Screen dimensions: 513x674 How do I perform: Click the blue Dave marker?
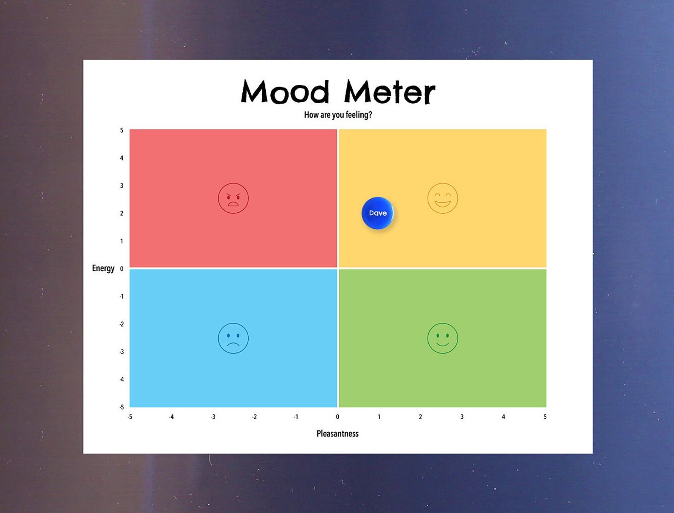pyautogui.click(x=377, y=213)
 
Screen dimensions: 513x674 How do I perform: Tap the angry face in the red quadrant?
pyautogui.click(x=233, y=198)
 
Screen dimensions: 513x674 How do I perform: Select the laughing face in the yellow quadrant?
pyautogui.click(x=442, y=198)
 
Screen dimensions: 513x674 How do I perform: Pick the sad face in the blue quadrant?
pyautogui.click(x=233, y=338)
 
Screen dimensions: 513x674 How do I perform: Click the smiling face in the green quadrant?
pyautogui.click(x=442, y=338)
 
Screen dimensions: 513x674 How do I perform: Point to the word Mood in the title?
pyautogui.click(x=285, y=92)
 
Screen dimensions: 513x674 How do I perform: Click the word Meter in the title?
pyautogui.click(x=389, y=92)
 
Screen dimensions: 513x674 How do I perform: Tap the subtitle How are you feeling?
pyautogui.click(x=338, y=115)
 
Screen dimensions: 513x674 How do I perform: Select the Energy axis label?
pyautogui.click(x=103, y=268)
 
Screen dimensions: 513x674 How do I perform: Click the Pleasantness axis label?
pyautogui.click(x=337, y=434)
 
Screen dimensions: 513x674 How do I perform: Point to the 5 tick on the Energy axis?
pyautogui.click(x=121, y=130)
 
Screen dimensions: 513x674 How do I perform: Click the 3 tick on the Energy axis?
pyautogui.click(x=121, y=186)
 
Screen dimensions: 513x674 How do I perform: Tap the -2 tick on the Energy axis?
pyautogui.click(x=121, y=324)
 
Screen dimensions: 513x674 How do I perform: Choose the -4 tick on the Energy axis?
pyautogui.click(x=121, y=379)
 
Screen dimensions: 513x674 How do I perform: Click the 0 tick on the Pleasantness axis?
pyautogui.click(x=337, y=417)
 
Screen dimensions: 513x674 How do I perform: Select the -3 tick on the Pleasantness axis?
pyautogui.click(x=213, y=417)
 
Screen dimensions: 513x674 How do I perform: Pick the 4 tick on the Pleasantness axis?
pyautogui.click(x=503, y=417)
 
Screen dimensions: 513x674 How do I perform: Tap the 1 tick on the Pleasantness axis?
pyautogui.click(x=379, y=417)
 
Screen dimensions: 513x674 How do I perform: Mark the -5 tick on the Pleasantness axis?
pyautogui.click(x=130, y=417)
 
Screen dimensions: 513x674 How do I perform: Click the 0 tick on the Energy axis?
pyautogui.click(x=121, y=268)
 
